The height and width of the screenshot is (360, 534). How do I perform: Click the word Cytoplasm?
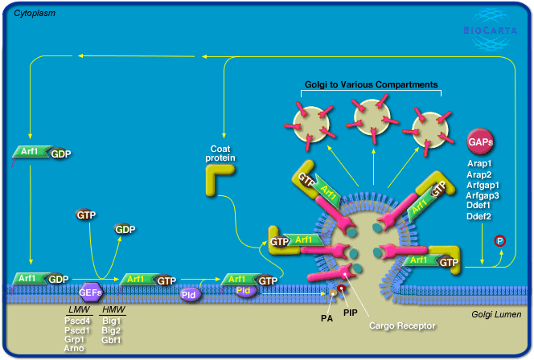coord(36,14)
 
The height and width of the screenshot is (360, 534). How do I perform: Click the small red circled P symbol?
coord(499,240)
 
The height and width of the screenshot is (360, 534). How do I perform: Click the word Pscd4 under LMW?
coord(78,321)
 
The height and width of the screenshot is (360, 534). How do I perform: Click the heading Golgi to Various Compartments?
coord(371,84)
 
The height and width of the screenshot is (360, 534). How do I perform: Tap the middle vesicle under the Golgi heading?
coord(372,118)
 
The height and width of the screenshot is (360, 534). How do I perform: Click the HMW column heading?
coord(114,309)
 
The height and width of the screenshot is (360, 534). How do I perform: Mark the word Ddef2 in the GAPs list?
coord(480,215)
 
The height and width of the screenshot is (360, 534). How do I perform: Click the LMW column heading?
coord(78,309)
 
